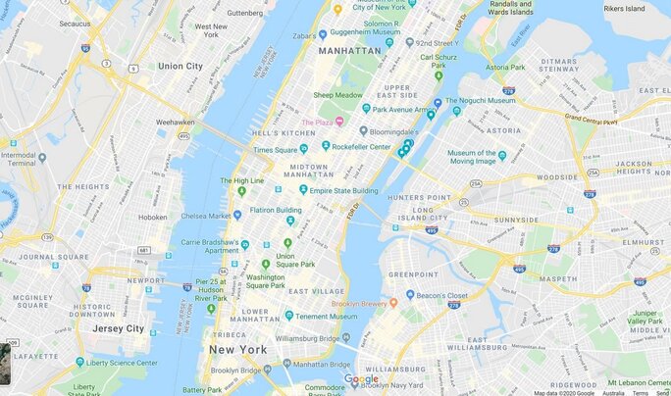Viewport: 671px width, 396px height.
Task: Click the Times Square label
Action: click(x=277, y=150)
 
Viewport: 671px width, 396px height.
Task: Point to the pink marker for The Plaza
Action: click(x=339, y=122)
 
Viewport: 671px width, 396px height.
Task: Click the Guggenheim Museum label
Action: click(x=358, y=33)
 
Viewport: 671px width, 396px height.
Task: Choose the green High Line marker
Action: click(x=242, y=190)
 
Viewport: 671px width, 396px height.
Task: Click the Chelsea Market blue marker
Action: click(x=236, y=215)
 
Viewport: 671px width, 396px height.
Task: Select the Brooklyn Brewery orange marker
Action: click(x=393, y=304)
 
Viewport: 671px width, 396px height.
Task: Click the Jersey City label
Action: click(x=118, y=328)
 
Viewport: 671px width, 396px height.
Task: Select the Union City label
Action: click(x=181, y=66)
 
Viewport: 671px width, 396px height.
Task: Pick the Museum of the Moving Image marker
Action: click(x=501, y=155)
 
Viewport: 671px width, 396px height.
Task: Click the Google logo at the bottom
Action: click(x=361, y=379)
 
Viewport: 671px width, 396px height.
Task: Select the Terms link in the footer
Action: click(x=640, y=392)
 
